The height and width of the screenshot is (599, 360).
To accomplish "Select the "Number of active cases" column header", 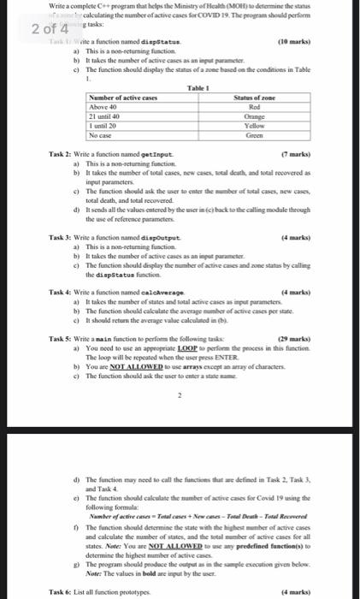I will point(119,99).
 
